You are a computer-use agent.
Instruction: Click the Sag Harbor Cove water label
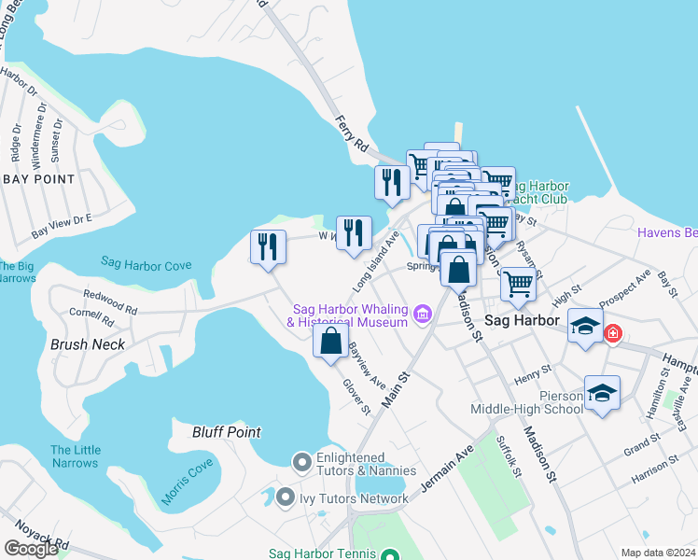tap(146, 265)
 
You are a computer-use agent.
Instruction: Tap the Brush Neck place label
tap(88, 343)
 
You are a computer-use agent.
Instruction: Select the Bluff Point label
tap(226, 432)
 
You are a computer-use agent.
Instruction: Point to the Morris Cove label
tap(187, 482)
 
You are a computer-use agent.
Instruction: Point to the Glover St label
tap(356, 397)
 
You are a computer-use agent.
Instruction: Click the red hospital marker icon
tap(612, 333)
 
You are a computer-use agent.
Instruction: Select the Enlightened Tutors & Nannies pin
tap(301, 461)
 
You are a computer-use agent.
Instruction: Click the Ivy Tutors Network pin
tap(286, 497)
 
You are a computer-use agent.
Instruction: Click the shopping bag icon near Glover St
tap(330, 341)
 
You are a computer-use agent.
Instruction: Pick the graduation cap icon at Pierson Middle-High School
tap(602, 393)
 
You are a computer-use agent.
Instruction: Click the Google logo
tap(31, 549)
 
